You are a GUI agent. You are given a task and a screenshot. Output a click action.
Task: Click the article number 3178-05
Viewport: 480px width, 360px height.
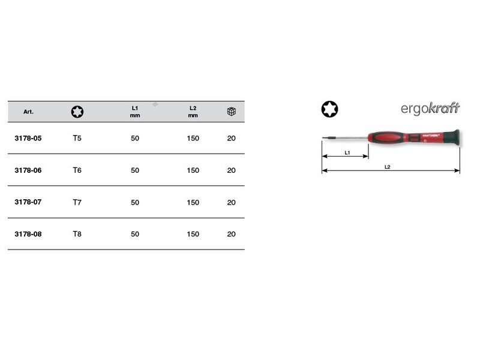tap(28, 138)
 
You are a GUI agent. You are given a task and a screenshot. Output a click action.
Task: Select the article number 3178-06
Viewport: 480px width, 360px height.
tap(28, 170)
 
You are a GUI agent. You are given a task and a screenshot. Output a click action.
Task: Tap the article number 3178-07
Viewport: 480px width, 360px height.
tap(28, 202)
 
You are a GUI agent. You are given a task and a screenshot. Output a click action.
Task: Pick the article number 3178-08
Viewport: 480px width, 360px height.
tap(28, 234)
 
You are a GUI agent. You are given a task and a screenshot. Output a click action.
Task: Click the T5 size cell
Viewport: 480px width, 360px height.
tap(77, 138)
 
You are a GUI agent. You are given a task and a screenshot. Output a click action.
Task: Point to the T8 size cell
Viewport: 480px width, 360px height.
tap(77, 234)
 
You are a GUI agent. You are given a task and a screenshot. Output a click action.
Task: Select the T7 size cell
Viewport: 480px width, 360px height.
tap(77, 202)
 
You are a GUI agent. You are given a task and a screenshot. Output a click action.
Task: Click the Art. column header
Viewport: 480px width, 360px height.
tap(28, 112)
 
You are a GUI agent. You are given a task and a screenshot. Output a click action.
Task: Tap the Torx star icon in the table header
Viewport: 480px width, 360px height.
tap(77, 112)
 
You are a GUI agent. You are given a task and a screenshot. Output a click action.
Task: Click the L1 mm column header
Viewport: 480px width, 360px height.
tap(134, 112)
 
